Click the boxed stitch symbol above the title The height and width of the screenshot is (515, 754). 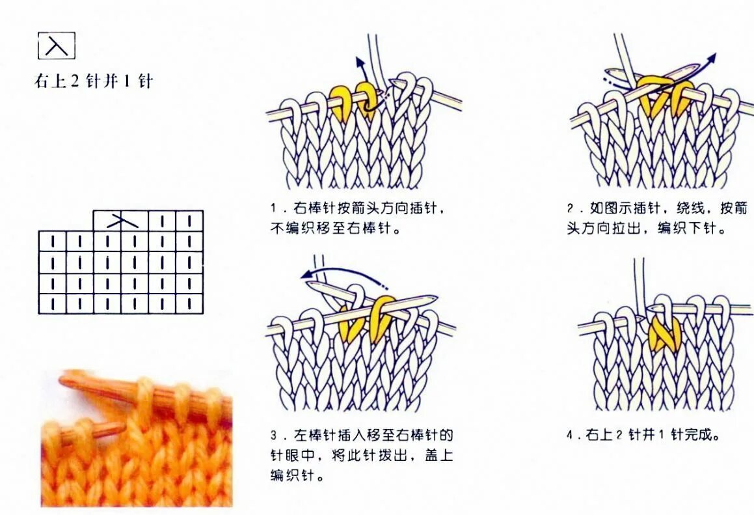tap(57, 46)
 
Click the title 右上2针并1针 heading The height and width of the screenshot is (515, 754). tap(93, 82)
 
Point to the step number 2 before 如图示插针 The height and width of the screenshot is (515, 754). tap(570, 209)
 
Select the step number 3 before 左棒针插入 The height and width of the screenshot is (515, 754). tap(274, 435)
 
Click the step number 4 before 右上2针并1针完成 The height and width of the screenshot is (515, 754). tap(571, 435)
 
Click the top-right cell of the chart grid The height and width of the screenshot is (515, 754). tap(189, 221)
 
